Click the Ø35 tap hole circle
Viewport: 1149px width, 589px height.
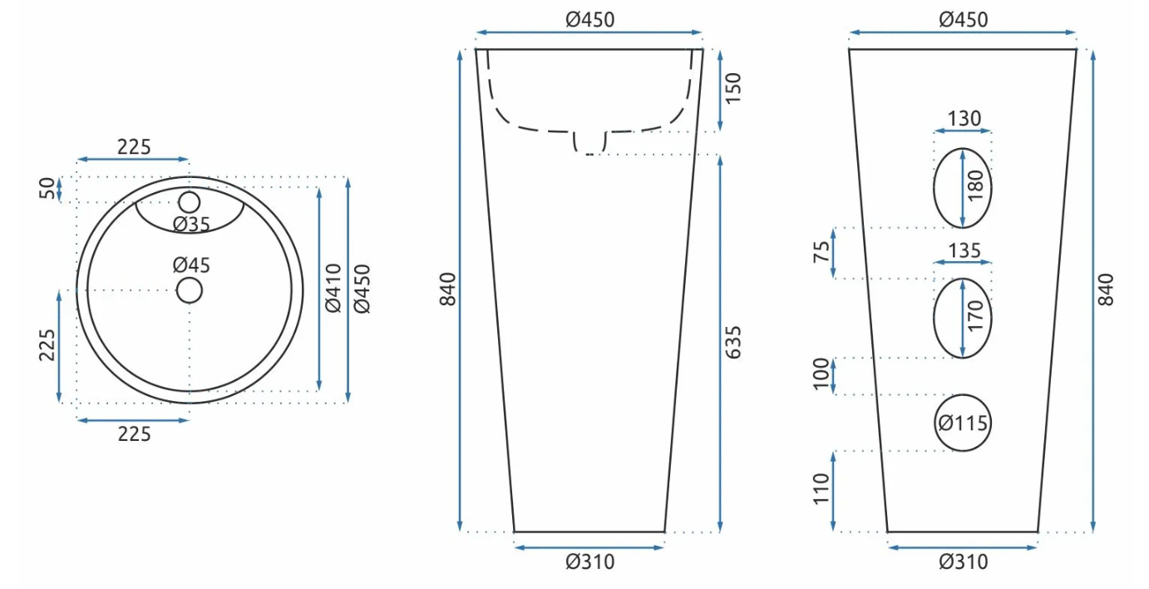pos(190,193)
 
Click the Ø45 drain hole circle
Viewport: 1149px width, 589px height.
pos(190,279)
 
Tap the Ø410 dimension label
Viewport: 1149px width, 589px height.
pos(333,288)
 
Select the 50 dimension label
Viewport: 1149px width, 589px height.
pos(47,188)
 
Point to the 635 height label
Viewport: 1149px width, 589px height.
pos(733,342)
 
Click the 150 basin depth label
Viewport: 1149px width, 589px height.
pos(733,88)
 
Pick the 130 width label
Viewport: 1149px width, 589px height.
pos(964,118)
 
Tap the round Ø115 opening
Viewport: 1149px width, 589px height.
pos(962,395)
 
